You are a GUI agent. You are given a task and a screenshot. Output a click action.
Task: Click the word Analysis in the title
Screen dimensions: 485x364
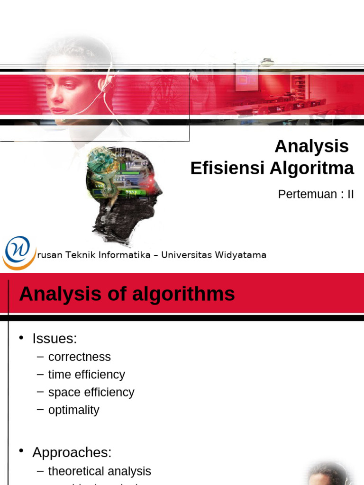[311, 146]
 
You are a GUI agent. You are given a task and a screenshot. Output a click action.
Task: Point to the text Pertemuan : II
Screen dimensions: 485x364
[316, 194]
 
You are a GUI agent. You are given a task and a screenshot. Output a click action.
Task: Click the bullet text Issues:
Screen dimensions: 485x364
[55, 339]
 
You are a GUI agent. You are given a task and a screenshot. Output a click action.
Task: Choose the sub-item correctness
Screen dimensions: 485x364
[79, 357]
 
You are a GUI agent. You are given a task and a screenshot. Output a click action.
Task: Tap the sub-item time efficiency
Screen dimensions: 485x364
[86, 375]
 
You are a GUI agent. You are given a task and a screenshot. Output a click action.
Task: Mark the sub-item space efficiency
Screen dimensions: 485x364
[91, 392]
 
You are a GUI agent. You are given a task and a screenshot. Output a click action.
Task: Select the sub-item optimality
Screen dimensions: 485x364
[73, 410]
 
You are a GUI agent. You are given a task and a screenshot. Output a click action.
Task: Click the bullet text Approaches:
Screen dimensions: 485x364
[72, 452]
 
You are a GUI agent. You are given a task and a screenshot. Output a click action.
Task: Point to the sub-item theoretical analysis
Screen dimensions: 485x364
[100, 471]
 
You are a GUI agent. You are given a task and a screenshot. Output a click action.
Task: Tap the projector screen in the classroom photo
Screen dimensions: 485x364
[247, 78]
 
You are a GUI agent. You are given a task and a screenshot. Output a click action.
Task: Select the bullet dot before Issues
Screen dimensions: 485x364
[21, 338]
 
